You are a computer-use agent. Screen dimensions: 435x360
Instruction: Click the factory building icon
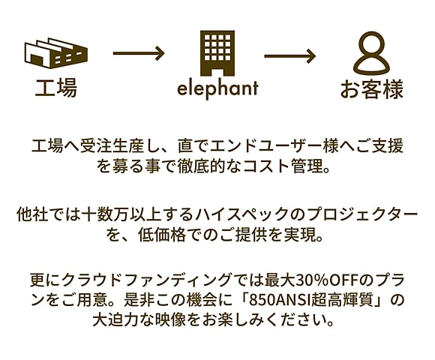pos(56,53)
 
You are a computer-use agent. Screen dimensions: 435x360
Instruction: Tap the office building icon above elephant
pos(217,53)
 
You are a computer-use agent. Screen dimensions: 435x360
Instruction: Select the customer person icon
pos(371,53)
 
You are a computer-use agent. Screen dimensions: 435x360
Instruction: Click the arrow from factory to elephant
pos(139,53)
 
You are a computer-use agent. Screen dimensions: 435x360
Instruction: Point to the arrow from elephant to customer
pos(290,56)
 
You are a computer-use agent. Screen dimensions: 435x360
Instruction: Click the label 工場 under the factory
pos(56,88)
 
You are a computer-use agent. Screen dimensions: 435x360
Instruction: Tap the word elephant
pos(217,88)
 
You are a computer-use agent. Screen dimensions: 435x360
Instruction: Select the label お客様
pos(372,89)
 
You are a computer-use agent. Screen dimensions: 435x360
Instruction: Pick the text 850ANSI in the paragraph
pos(280,300)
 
